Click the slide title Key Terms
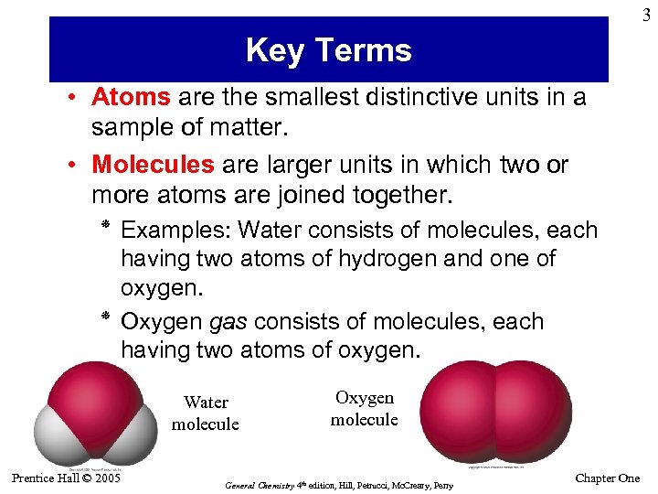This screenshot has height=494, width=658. click(x=328, y=49)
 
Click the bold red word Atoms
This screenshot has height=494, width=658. click(x=131, y=97)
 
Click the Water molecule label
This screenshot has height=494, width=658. click(x=205, y=413)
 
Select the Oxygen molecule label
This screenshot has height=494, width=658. click(x=364, y=409)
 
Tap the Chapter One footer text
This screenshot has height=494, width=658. click(x=608, y=478)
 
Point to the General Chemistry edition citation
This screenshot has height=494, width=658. click(x=339, y=485)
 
